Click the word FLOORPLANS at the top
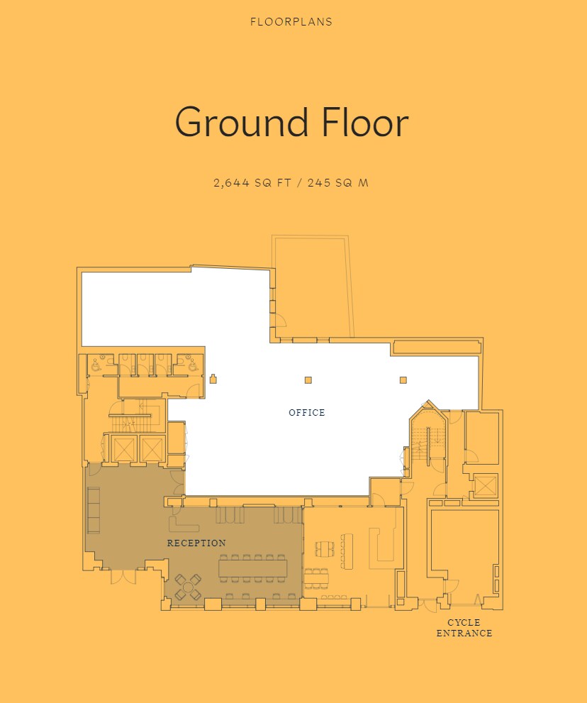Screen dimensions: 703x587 coord(291,22)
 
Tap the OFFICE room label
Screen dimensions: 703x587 coord(307,413)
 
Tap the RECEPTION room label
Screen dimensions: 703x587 coord(196,543)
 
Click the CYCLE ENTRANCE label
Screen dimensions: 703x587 coord(464,628)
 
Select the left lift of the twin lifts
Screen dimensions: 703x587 coord(123,448)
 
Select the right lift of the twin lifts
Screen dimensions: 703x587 coord(152,448)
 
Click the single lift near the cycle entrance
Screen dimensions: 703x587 coord(486,486)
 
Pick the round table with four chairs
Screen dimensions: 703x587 coord(189,586)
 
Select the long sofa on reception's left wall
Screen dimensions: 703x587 coord(93,509)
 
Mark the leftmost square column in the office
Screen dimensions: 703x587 coord(213,380)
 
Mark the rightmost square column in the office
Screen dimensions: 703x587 coord(403,380)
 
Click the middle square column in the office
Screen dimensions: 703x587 coord(308,380)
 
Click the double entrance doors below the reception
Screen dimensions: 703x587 coord(123,575)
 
